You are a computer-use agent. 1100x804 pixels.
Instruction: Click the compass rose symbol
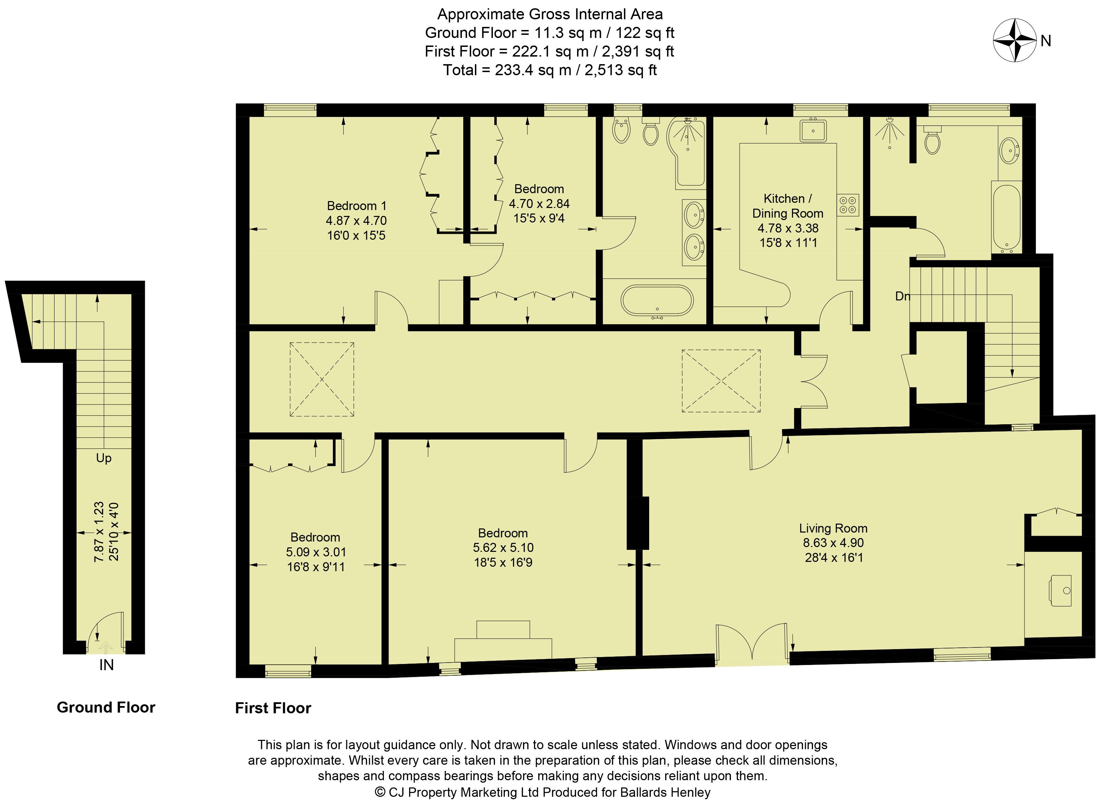point(1015,40)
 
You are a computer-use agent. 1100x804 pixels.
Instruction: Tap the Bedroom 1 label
point(356,206)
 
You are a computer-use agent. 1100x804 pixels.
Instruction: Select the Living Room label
point(833,528)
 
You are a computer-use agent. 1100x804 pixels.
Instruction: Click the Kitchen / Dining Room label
point(787,206)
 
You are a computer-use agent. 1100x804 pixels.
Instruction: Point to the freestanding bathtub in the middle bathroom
point(657,301)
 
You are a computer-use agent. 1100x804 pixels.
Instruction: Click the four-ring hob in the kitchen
point(848,205)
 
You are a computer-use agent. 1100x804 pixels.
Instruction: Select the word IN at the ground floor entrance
point(106,665)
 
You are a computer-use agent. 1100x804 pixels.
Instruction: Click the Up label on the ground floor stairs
point(104,458)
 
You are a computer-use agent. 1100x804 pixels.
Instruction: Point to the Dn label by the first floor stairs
point(902,296)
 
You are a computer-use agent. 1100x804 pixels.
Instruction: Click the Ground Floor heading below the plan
point(106,707)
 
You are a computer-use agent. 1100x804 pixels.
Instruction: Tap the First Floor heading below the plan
point(273,708)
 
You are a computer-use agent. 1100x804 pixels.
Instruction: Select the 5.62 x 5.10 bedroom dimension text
point(503,547)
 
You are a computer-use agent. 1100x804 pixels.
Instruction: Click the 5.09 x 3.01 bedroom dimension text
point(316,552)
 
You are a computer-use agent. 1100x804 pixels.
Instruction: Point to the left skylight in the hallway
point(322,379)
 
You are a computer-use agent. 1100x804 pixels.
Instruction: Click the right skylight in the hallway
point(721,381)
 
